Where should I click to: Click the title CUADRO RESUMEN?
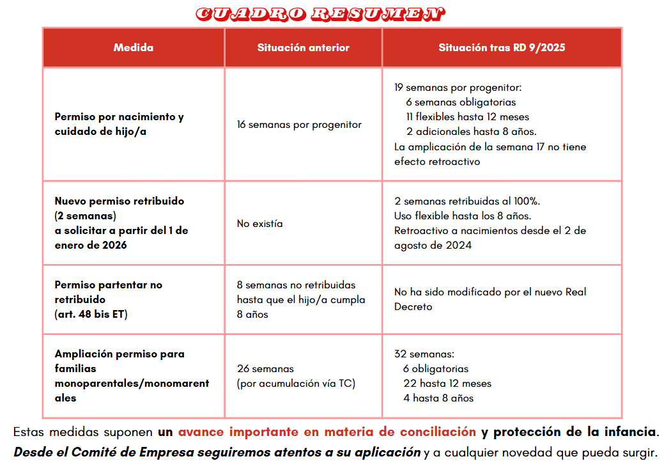coord(320,13)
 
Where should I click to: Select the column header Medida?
coord(133,47)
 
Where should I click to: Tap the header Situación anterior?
coord(303,47)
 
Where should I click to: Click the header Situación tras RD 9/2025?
coord(502,47)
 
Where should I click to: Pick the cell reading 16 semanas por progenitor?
coord(298,125)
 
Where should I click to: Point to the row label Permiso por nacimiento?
coord(119,117)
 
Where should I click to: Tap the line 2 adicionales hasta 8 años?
coord(471,132)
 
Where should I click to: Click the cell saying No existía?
coord(259,224)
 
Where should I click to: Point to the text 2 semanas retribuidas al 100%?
coord(467,201)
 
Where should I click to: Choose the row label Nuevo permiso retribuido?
coord(119,201)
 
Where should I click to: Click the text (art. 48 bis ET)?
coord(91,315)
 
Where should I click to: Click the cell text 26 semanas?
coord(265,369)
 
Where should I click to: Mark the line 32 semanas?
coord(424,354)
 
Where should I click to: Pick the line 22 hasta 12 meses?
coord(447,384)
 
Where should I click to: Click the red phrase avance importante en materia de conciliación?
coord(327,432)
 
